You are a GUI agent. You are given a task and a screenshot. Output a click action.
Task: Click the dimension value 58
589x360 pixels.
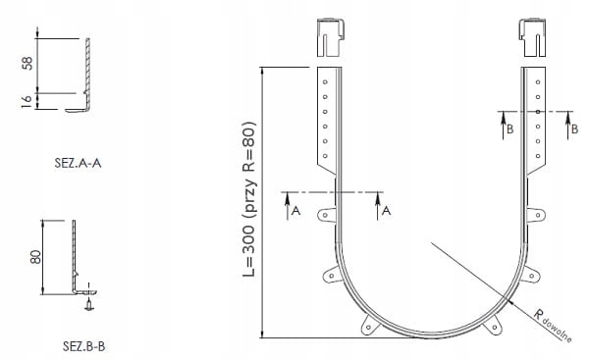27,63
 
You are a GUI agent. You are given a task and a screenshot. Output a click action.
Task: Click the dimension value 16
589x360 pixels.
27,101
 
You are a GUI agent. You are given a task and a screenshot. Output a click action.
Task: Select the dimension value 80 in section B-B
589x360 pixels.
35,257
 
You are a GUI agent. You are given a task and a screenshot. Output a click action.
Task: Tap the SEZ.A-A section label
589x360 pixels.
78,163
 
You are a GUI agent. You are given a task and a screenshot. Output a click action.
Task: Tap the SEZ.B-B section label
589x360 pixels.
83,346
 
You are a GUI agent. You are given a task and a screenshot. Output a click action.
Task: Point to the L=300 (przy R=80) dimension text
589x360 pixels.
249,199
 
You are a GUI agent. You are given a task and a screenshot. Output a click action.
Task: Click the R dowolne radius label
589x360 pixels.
553,325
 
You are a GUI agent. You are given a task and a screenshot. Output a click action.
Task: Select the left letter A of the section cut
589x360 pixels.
296,211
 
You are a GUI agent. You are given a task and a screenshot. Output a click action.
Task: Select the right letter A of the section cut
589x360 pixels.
386,211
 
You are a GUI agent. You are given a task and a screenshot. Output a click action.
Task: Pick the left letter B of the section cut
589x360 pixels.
509,129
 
